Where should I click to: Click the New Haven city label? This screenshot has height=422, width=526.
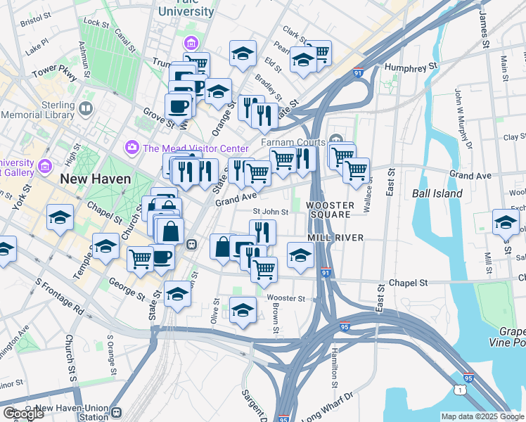96,179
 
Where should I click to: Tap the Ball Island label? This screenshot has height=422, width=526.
437,193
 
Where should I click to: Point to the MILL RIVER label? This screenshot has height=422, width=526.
335,238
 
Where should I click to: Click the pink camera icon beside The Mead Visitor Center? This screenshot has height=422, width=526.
131,148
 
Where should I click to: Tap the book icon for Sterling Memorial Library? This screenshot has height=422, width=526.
86,109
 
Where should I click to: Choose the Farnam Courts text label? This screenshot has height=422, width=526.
293,142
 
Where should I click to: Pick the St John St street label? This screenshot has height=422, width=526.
270,212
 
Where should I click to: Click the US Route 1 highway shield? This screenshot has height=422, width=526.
460,388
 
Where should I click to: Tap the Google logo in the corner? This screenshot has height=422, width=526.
23,414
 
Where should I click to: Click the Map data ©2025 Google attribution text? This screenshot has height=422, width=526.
482,416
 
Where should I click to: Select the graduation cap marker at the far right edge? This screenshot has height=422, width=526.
505,223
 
